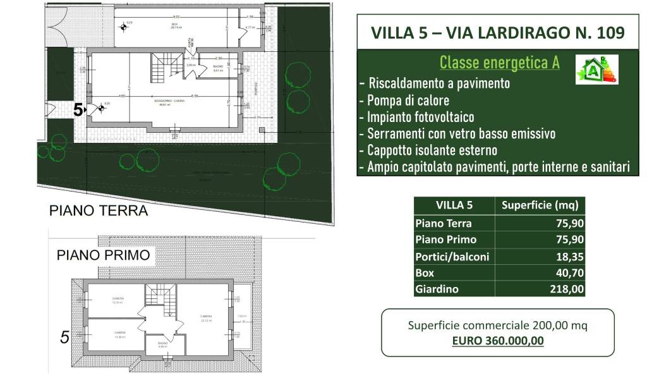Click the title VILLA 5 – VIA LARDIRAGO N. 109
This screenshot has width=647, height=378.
tap(498, 33)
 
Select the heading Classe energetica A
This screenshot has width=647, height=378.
tap(499, 63)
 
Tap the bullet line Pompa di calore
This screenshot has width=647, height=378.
tap(404, 101)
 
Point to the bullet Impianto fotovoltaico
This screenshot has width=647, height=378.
tap(416, 118)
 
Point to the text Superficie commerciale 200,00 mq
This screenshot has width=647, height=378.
tap(498, 326)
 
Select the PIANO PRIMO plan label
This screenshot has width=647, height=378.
tap(103, 255)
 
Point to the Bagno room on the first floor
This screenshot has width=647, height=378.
tap(162, 346)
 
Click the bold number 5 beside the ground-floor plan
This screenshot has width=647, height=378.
tap(78, 110)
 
